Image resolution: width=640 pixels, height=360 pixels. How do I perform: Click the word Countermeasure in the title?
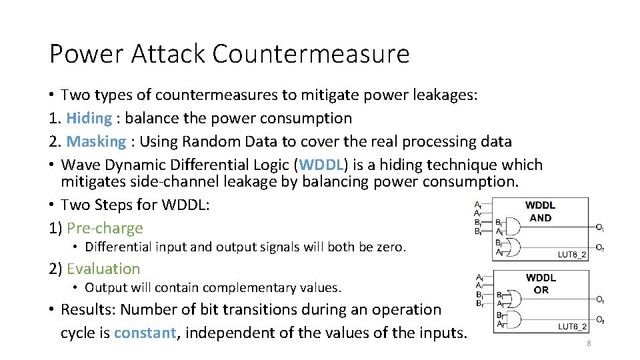click(311, 53)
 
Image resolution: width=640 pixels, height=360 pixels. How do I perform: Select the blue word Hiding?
click(89, 119)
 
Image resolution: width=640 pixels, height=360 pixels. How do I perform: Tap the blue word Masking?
click(96, 141)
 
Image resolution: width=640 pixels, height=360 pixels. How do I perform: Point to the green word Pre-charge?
click(105, 228)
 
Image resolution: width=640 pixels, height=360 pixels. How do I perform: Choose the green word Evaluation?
click(103, 269)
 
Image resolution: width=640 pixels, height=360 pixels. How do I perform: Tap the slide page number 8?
click(588, 343)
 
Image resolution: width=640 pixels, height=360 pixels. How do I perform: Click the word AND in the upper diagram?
click(540, 217)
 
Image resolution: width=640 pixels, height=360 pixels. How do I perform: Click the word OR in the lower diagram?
click(541, 290)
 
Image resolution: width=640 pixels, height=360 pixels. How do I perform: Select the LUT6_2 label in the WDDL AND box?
click(572, 254)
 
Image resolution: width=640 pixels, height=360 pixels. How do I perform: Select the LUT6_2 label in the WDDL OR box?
click(572, 326)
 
